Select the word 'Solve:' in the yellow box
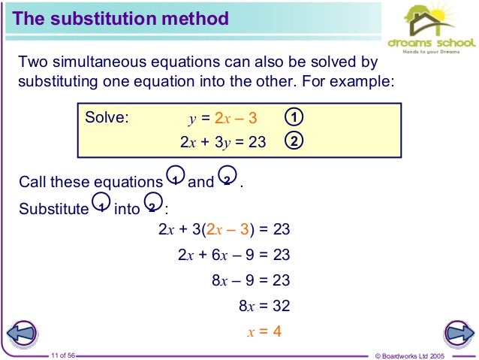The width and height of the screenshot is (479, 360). (x=107, y=118)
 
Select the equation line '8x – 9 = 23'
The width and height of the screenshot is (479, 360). (x=251, y=281)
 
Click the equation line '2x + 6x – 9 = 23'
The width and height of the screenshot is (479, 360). (x=233, y=256)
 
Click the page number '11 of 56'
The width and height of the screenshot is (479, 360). (x=65, y=354)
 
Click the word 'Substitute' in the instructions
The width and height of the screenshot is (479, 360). (x=53, y=208)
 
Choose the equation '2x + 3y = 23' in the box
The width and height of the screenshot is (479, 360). (x=223, y=141)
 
